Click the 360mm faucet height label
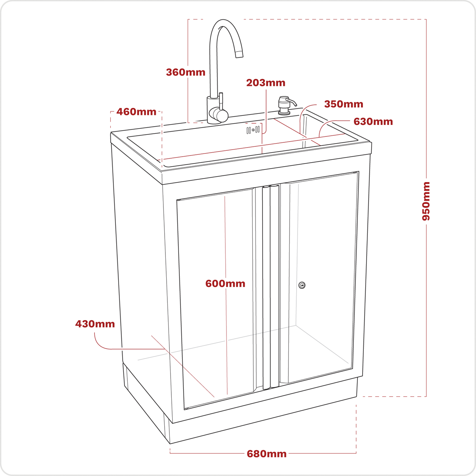[x=186, y=72]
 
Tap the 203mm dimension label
[x=266, y=83]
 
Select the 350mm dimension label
[x=344, y=104]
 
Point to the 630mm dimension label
[x=373, y=121]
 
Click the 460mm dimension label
[x=136, y=112]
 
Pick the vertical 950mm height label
[x=426, y=201]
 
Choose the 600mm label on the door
[x=225, y=284]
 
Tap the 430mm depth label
[x=95, y=324]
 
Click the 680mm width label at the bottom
[x=267, y=454]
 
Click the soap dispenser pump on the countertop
[x=284, y=105]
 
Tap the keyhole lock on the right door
[x=302, y=285]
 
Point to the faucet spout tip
[x=239, y=54]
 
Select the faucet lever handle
[x=221, y=104]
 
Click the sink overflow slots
[x=253, y=130]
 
